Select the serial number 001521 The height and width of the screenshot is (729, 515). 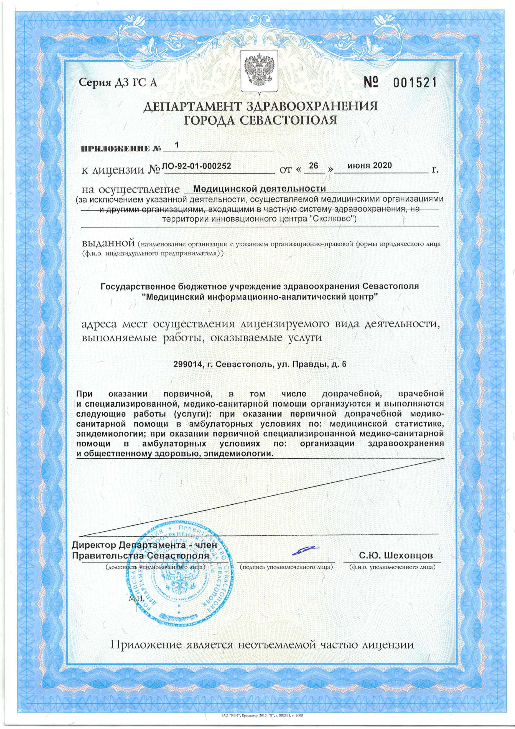[415, 83]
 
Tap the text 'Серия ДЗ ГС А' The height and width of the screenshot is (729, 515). [118, 83]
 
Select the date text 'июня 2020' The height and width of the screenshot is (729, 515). [369, 165]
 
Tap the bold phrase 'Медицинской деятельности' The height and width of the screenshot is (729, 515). [259, 188]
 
